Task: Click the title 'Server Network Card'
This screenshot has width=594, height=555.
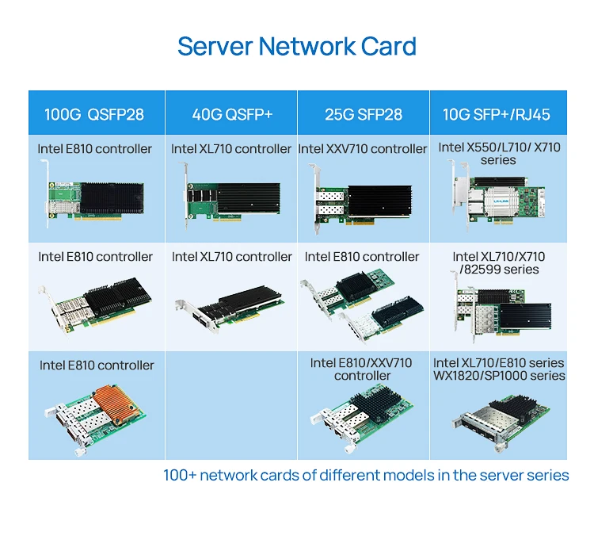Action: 297,46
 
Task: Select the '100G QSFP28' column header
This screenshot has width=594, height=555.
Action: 94,114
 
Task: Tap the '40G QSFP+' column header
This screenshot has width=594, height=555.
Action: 232,114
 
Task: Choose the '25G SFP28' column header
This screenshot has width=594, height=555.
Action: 364,114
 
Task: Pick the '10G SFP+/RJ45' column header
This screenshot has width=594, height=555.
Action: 497,114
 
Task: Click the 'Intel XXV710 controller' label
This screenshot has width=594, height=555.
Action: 363,149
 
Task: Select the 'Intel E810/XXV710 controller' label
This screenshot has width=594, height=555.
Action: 362,369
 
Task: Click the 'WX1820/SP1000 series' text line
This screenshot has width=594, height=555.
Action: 499,375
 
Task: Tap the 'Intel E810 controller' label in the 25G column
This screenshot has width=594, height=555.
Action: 362,257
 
